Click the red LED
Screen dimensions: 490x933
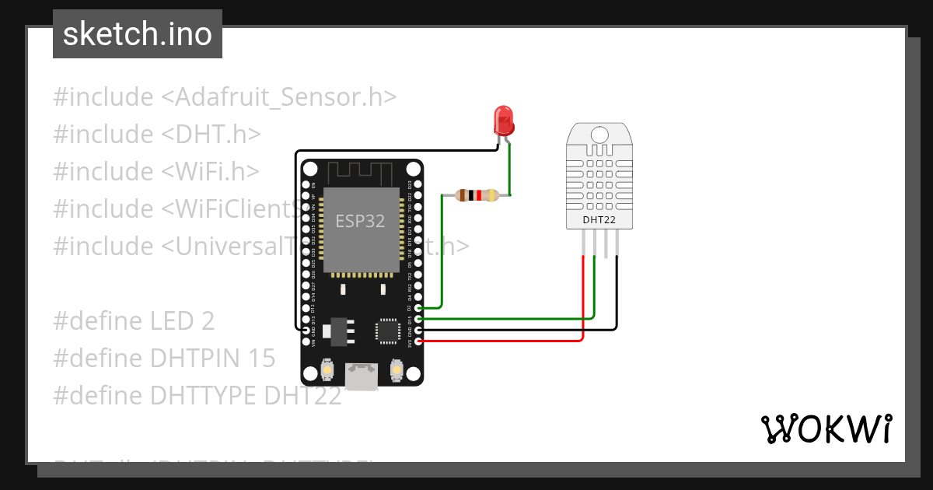[x=504, y=121]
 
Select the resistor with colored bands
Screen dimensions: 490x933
[x=477, y=196]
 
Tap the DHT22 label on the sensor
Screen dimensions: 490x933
[x=599, y=219]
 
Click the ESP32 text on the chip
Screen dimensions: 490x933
[x=360, y=221]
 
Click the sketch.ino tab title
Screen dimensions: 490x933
[x=138, y=34]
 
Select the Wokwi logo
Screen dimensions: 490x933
[x=825, y=429]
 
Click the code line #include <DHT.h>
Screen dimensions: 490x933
[x=156, y=134]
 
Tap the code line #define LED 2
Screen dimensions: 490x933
[x=134, y=320]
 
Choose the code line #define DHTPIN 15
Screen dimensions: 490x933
[x=164, y=358]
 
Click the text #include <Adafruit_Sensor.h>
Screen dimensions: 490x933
[x=225, y=97]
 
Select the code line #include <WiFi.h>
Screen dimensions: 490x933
[x=156, y=171]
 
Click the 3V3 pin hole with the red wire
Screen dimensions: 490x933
[x=419, y=341]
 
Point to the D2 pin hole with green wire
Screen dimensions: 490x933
[x=419, y=308]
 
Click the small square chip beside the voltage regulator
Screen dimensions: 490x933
[x=386, y=331]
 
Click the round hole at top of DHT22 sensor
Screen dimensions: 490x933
[x=599, y=134]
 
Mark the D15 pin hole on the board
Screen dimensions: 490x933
[x=419, y=319]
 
